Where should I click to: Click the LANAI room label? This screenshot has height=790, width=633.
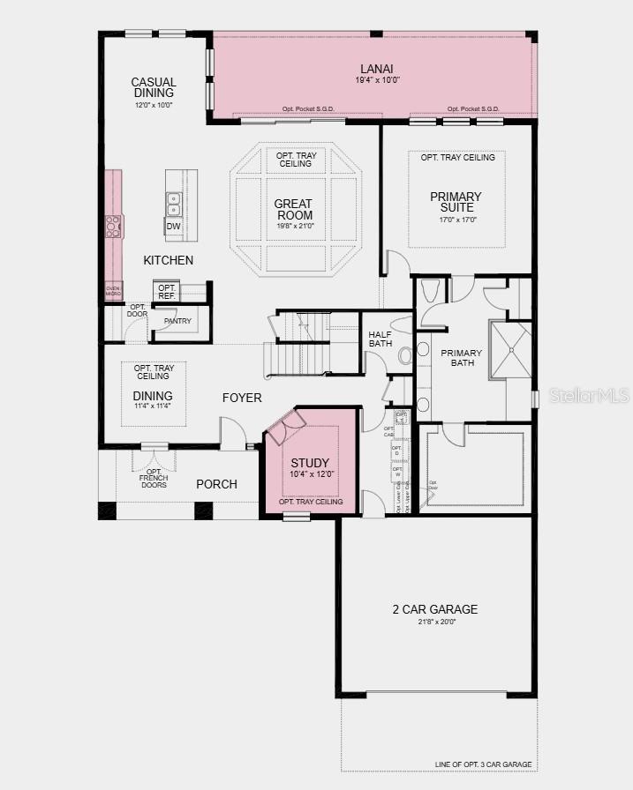click(375, 69)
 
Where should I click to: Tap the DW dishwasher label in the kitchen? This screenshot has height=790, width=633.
click(174, 227)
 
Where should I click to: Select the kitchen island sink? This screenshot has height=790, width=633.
click(174, 205)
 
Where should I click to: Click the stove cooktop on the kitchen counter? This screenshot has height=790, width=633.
click(113, 227)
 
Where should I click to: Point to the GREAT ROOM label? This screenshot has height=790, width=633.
click(294, 209)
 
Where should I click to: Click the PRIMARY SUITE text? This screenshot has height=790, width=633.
click(456, 202)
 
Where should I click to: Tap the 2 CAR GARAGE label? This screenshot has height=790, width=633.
click(435, 609)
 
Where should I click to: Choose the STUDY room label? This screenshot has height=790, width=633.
click(310, 463)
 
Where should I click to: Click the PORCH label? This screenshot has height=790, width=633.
click(216, 484)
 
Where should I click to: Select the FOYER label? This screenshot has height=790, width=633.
click(242, 398)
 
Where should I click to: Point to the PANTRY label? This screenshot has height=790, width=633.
click(177, 321)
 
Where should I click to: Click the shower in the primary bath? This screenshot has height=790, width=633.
click(510, 349)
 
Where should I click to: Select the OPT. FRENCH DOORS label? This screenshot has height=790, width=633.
click(154, 480)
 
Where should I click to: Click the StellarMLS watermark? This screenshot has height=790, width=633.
click(589, 396)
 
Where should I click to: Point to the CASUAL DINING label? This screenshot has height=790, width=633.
click(154, 87)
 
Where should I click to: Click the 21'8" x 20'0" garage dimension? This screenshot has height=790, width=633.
click(435, 622)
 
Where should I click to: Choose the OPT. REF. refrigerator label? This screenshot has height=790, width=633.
click(166, 292)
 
